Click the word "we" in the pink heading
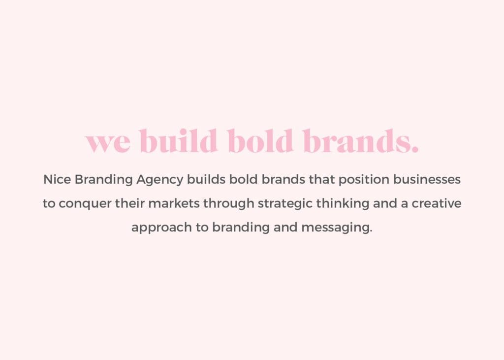point(108,142)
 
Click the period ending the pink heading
point(414,149)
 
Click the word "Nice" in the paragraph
point(57,180)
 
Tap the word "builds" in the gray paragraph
point(206,180)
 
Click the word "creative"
point(437,204)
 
